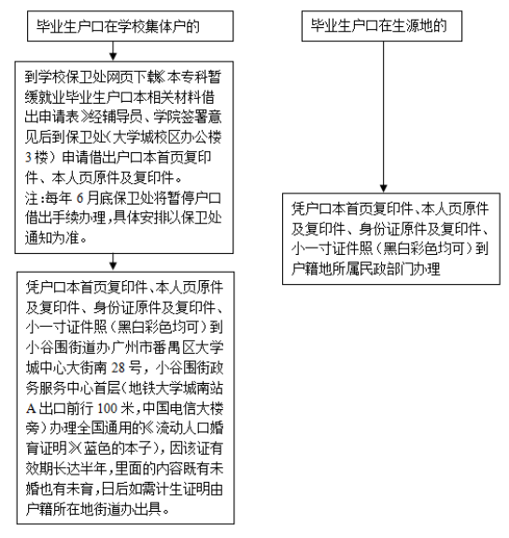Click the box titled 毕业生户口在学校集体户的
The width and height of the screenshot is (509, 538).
[131, 26]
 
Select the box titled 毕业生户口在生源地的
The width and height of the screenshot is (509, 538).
[382, 26]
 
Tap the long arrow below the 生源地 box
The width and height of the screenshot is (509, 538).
[384, 117]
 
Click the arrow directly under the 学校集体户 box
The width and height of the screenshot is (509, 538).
[113, 51]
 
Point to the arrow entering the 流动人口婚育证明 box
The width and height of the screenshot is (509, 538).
[113, 262]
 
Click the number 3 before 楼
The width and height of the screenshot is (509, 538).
[28, 158]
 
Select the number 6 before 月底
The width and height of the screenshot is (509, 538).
[80, 198]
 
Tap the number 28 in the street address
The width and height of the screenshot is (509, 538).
[118, 368]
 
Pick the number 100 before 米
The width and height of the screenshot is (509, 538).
[107, 408]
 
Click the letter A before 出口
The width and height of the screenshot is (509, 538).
[31, 408]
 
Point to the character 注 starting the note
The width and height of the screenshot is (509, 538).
[32, 198]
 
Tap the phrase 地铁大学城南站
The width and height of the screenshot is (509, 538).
[176, 388]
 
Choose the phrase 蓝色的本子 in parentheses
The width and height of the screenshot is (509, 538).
[118, 448]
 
